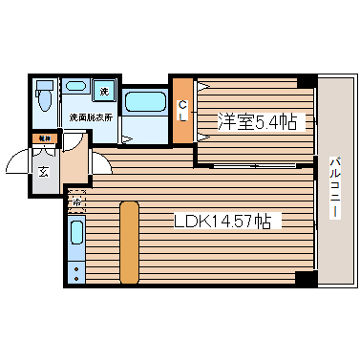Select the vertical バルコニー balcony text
334,187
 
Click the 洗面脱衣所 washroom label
92,117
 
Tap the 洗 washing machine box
105,92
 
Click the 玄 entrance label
44,172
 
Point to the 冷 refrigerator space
75,201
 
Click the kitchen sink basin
77,234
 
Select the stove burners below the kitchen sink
77,268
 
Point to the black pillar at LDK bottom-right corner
305,279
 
